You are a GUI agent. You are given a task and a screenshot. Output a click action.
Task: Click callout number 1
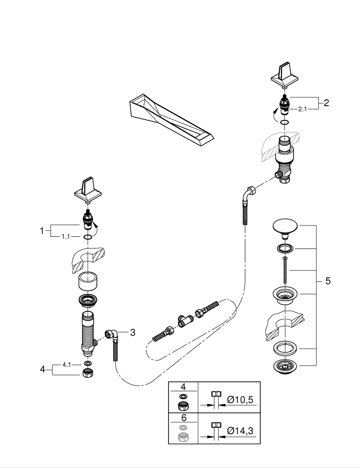pyautogui.click(x=42, y=230)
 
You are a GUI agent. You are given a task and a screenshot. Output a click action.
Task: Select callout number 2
pyautogui.click(x=326, y=103)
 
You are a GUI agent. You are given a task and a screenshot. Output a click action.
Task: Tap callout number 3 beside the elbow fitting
pyautogui.click(x=132, y=332)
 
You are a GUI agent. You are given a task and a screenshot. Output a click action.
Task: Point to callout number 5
pyautogui.click(x=328, y=281)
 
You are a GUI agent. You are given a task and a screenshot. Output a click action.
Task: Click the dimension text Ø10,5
pyautogui.click(x=242, y=401)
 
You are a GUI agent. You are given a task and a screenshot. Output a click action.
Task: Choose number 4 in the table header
pyautogui.click(x=183, y=387)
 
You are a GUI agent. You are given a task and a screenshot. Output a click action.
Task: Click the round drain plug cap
pyautogui.click(x=285, y=227)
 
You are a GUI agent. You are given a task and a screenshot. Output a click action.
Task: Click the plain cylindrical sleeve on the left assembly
pyautogui.click(x=88, y=282)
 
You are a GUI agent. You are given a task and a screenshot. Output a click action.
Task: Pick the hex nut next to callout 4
pyautogui.click(x=87, y=373)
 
